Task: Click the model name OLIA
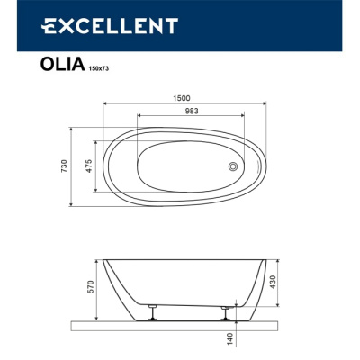pyautogui.click(x=64, y=65)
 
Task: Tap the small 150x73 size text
pyautogui.click(x=100, y=68)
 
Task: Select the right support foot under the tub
pyautogui.click(x=223, y=312)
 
